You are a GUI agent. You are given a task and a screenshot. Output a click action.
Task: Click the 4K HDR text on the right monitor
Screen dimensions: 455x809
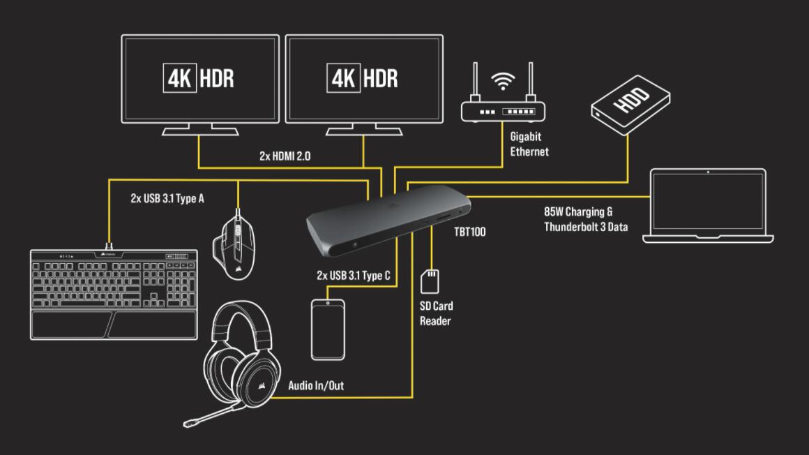[x=363, y=77]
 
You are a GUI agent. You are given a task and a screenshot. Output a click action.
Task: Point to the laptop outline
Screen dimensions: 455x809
[x=708, y=206]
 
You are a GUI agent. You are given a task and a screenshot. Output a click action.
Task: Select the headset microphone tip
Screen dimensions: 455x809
[x=188, y=422]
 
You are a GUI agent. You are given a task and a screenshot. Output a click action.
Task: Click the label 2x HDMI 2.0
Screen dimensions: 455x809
[x=285, y=157]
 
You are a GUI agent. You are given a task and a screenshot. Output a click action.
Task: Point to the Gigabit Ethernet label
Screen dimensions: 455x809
[x=529, y=144]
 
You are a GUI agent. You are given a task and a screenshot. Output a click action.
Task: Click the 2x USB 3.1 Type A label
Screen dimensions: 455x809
[x=167, y=198]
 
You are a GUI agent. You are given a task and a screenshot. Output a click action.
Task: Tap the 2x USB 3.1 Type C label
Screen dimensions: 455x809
[x=353, y=276]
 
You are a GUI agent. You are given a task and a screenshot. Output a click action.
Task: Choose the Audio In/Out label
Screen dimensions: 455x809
[x=316, y=385]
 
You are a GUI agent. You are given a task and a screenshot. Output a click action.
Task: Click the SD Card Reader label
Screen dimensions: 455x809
[x=436, y=313]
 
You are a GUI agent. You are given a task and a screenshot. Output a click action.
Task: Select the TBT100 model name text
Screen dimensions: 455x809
[x=469, y=232]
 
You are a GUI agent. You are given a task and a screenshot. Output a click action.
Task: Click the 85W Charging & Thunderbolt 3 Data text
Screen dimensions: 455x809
[x=586, y=218]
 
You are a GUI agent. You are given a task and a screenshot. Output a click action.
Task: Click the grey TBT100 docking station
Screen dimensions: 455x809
[x=388, y=219]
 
